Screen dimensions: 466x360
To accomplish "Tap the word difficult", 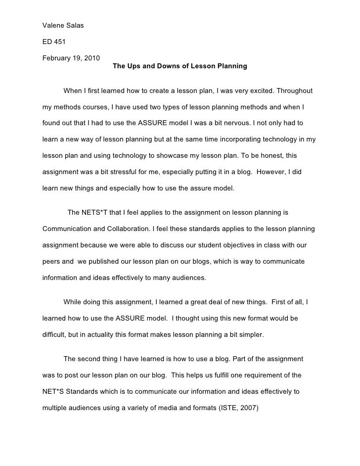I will [x=54, y=334].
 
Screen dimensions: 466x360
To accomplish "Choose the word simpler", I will [x=250, y=334].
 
